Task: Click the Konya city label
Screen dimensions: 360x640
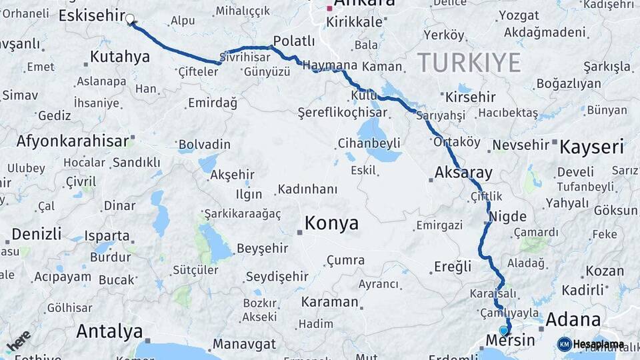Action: [331, 223]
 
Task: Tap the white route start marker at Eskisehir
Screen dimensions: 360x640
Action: [130, 20]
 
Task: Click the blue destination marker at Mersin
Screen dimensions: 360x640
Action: [504, 330]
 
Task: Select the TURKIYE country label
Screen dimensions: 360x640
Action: [469, 63]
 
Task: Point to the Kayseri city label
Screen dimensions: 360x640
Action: [592, 147]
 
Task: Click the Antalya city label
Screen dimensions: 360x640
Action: [109, 331]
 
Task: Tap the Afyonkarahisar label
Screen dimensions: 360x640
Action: [72, 141]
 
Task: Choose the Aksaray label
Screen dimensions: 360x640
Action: [463, 173]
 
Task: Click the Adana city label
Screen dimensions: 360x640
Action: [573, 319]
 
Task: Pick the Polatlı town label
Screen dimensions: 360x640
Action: [294, 41]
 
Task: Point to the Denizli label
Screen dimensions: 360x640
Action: [37, 234]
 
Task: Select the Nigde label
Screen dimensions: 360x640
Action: [507, 217]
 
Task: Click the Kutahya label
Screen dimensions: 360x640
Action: [119, 57]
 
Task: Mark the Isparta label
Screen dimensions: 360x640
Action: [107, 236]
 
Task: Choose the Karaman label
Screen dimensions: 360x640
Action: [329, 301]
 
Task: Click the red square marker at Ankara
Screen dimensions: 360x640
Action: [329, 9]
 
